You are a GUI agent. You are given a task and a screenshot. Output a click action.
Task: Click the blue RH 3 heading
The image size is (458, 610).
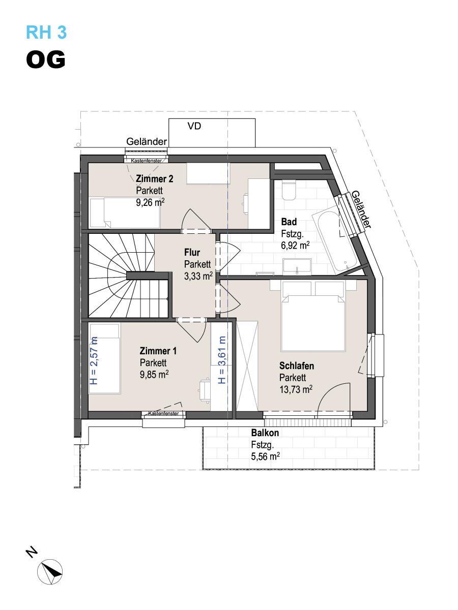pyautogui.click(x=46, y=32)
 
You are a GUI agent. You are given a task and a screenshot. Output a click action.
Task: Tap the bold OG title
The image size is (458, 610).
pyautogui.click(x=46, y=59)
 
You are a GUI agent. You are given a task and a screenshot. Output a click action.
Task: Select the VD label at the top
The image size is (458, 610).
pyautogui.click(x=194, y=126)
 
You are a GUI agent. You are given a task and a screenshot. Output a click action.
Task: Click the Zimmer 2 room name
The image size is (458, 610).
pyautogui.click(x=154, y=179)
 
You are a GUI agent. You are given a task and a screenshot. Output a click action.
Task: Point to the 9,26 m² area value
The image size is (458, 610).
pyautogui.click(x=150, y=202)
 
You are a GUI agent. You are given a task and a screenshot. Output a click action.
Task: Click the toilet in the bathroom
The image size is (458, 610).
pyautogui.click(x=289, y=190)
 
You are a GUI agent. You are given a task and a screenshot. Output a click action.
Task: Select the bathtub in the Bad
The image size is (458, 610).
pyautogui.click(x=334, y=240)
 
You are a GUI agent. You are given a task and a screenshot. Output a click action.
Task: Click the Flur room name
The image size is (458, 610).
pyautogui.click(x=192, y=252)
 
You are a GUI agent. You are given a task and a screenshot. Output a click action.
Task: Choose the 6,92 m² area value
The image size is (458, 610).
pyautogui.click(x=295, y=246)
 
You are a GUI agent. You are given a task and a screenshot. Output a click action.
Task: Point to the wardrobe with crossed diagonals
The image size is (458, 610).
pyautogui.click(x=247, y=365)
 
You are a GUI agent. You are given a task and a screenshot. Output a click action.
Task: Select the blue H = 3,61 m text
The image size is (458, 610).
pyautogui.click(x=222, y=360)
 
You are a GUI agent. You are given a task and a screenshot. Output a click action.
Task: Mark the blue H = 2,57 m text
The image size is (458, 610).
pyautogui.click(x=94, y=361)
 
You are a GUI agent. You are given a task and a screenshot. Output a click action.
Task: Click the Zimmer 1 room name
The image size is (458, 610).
pyautogui.click(x=158, y=351)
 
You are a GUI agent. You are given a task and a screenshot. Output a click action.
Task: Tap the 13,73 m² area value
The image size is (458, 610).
pyautogui.click(x=296, y=389)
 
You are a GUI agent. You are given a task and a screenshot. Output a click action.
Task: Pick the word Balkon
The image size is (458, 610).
pyautogui.click(x=265, y=433)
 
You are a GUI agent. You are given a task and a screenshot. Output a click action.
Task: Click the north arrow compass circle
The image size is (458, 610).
pyautogui.click(x=50, y=572)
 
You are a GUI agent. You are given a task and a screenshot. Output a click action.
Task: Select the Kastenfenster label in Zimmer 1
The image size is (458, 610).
pyautogui.click(x=163, y=413)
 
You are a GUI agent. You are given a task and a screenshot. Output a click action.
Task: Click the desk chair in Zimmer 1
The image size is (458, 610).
pyautogui.click(x=205, y=390)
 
